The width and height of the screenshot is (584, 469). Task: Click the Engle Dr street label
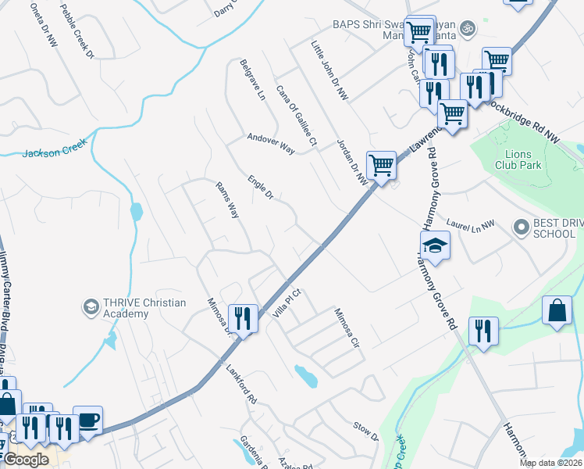[260, 187]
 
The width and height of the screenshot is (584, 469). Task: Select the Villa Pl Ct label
[287, 300]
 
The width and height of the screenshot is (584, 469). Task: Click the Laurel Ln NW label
[471, 224]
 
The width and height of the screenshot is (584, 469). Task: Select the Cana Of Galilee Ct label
[296, 116]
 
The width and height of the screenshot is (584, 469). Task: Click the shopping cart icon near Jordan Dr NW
[381, 166]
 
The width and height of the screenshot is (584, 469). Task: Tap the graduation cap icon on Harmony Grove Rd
[436, 246]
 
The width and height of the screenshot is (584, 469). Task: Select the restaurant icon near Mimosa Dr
[243, 318]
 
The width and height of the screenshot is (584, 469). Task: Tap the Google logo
[26, 460]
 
